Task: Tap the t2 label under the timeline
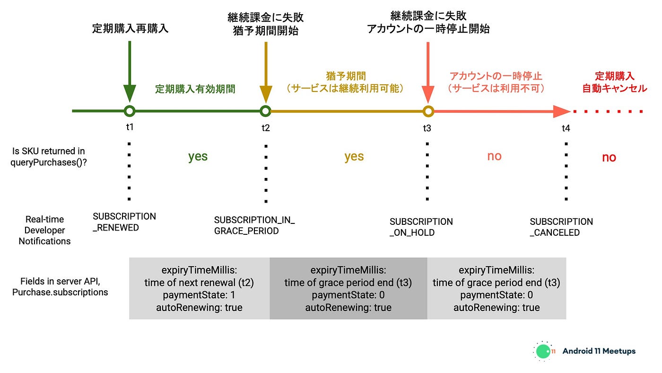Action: (266, 127)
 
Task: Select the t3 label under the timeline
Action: (427, 128)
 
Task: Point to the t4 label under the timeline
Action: (566, 128)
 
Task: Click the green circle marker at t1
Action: (130, 111)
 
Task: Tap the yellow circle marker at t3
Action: (428, 111)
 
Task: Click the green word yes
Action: (198, 156)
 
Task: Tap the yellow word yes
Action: (354, 156)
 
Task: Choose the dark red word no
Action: (609, 158)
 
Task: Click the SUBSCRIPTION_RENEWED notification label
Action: (124, 222)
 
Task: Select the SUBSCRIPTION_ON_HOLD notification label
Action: (421, 227)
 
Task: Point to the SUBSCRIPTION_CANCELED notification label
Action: (561, 227)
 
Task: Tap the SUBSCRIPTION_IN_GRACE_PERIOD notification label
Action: (254, 226)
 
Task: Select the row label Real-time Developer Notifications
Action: (44, 230)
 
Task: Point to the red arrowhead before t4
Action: (562, 112)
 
